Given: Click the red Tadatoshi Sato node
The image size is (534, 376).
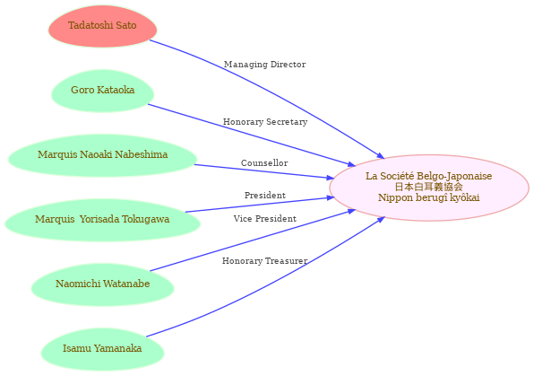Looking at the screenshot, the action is coord(102,26).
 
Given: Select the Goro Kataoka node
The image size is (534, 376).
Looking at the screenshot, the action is coord(102,91).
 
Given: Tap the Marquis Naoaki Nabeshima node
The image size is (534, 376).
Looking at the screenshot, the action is coord(102,155).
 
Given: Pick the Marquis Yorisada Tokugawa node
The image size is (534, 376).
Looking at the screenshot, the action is coord(102,220).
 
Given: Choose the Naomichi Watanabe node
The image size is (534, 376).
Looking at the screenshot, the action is coord(102,284).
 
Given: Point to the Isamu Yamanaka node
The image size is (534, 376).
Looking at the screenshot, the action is coord(102,349).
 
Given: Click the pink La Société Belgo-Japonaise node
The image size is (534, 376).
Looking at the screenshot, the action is coord(429,188).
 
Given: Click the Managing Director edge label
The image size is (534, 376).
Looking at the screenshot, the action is coord(264,65).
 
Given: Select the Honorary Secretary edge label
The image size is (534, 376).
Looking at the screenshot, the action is coord(265,122).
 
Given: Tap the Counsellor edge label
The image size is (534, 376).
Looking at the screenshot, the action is coord(264,163).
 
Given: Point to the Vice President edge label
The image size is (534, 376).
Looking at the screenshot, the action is coord(265,219).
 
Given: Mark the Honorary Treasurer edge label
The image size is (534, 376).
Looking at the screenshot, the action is coord(265,261).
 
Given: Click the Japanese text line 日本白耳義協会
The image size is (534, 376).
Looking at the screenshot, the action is coord(429,187).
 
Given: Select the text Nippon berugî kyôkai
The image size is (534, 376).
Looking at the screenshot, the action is coord(429,197).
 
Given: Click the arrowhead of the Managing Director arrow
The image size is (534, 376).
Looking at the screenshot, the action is coord(381,155).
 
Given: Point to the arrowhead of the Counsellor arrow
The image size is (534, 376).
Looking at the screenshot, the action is coord(331,178).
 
